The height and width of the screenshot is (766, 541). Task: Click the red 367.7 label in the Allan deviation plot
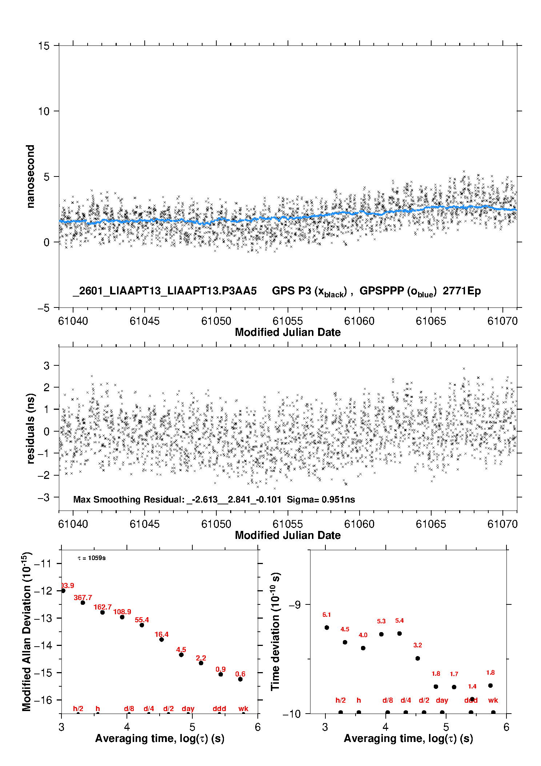point(83,598)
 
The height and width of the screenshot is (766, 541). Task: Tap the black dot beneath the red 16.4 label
point(161,639)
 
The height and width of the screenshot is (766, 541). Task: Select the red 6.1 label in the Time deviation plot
point(326,615)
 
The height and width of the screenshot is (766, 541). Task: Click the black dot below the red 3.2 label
point(418,658)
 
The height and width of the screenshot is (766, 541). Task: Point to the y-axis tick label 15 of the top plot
point(44,46)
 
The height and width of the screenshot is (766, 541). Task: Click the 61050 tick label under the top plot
point(216,321)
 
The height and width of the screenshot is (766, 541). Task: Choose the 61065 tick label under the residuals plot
point(431,524)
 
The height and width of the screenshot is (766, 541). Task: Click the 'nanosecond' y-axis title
point(31,176)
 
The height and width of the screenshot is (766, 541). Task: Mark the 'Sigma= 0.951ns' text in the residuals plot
point(321,499)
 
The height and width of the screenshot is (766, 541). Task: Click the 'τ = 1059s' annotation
point(92,558)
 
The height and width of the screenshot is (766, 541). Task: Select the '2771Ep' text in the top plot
point(462,291)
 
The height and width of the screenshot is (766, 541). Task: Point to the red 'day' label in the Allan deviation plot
point(188,709)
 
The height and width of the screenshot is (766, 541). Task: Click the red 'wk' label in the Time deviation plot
point(493,700)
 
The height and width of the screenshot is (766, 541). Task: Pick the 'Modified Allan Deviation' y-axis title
point(27,631)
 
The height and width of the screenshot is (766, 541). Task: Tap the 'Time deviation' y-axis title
point(275,631)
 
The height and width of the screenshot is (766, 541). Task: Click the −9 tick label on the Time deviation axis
point(294,604)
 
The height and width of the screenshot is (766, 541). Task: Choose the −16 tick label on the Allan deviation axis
point(43,700)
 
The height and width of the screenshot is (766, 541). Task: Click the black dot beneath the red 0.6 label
point(240,679)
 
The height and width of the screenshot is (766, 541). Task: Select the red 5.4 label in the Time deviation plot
point(399,620)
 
